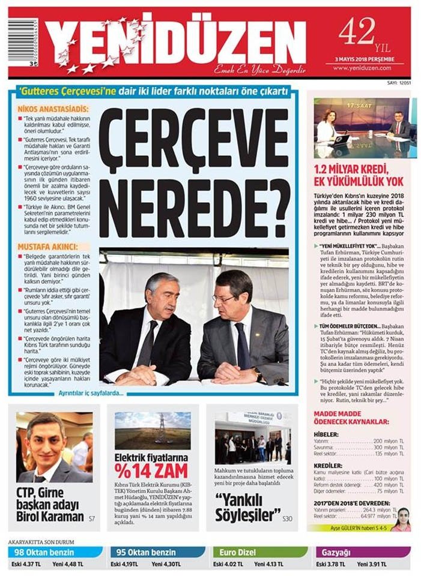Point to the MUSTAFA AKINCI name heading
[x=48, y=247]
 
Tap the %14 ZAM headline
[x=151, y=471]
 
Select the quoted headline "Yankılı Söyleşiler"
[x=247, y=507]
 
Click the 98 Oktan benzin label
[x=45, y=553]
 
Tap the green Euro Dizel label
[x=238, y=553]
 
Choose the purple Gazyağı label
[x=337, y=553]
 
